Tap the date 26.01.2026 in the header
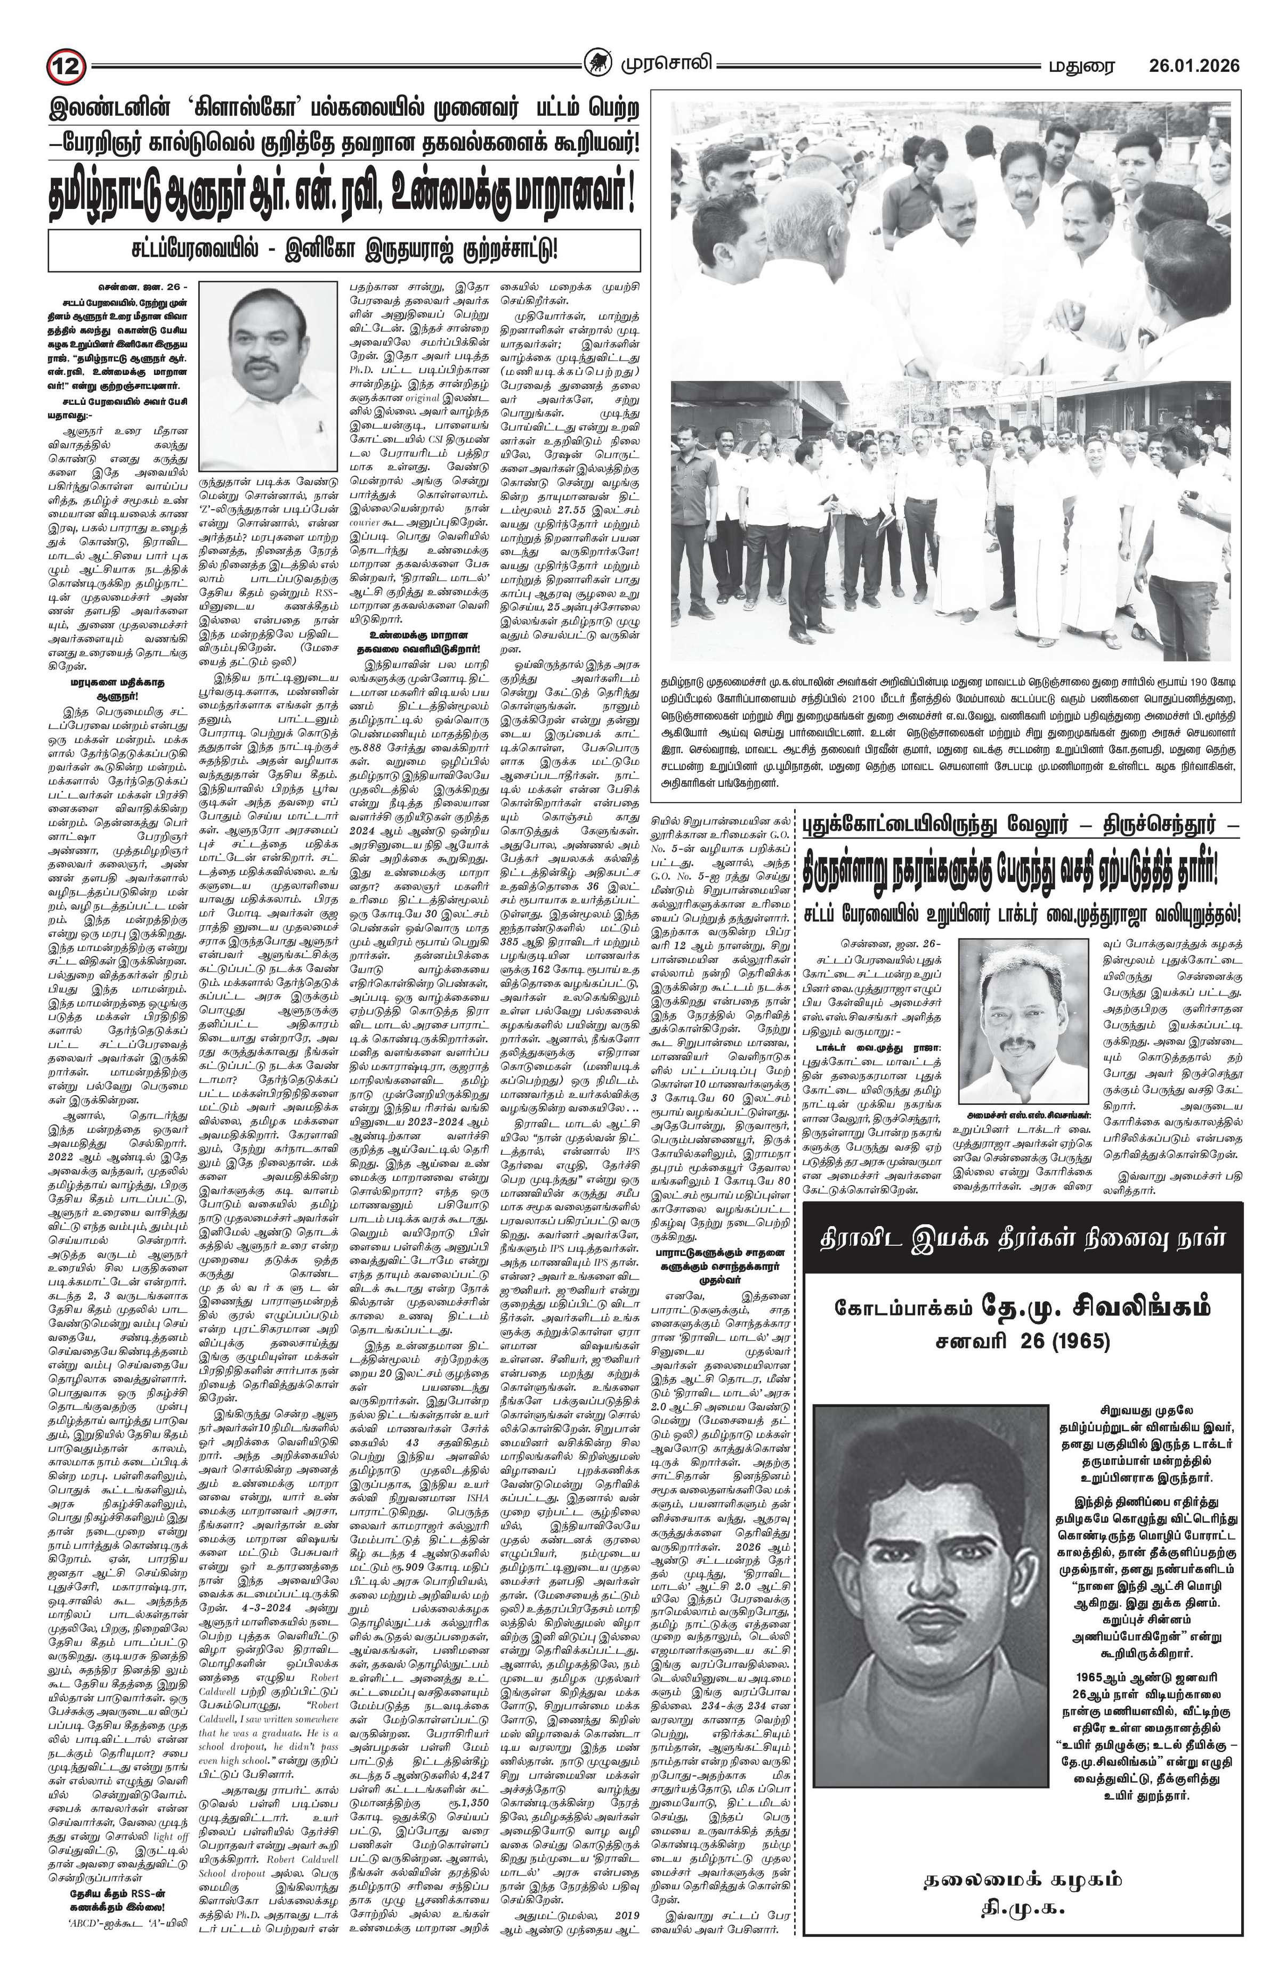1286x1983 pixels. (1193, 65)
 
